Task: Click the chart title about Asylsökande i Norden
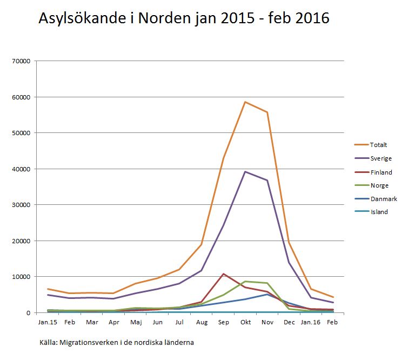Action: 184,19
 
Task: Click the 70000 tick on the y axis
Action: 21,61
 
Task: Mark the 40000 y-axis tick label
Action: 21,169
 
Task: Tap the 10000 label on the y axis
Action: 21,277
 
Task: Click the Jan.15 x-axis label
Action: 48,322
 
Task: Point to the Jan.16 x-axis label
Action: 311,322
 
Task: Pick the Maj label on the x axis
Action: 135,322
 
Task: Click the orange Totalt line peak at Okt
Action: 245,102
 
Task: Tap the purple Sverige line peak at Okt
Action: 245,172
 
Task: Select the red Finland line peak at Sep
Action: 223,274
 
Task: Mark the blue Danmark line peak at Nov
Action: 267,294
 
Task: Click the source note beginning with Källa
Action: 117,343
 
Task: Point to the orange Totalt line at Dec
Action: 289,242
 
